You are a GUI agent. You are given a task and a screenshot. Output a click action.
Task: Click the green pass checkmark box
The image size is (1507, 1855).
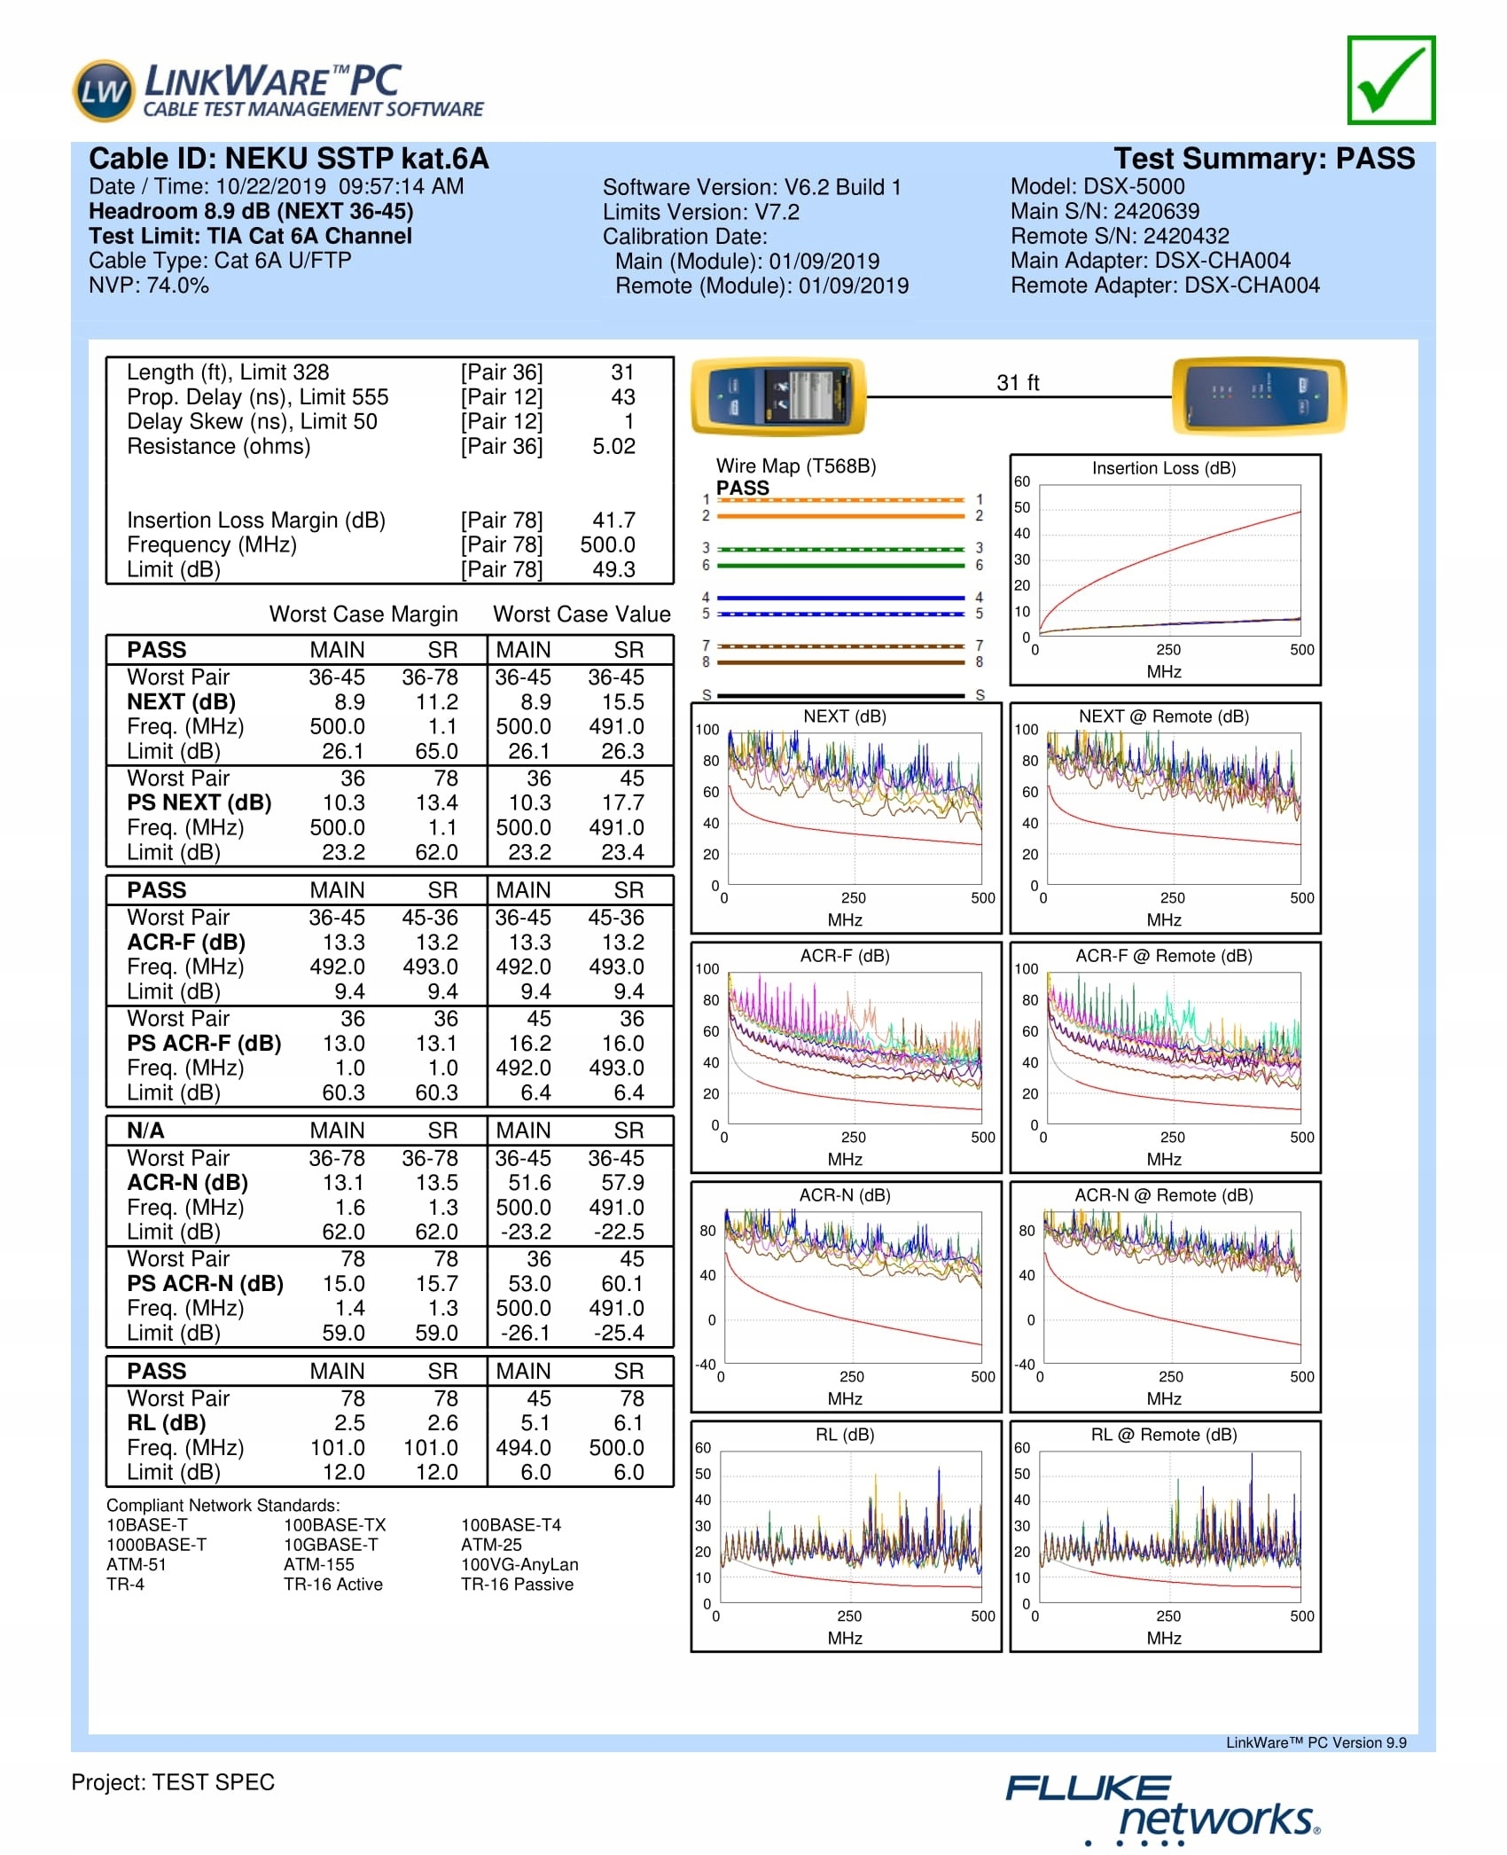coord(1390,80)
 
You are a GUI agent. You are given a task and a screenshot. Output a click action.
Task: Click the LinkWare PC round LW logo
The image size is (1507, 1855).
coord(104,90)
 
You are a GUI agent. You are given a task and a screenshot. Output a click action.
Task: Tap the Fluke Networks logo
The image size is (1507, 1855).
coord(1161,1809)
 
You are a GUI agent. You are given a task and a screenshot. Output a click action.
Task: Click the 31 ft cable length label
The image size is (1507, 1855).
coord(1017,383)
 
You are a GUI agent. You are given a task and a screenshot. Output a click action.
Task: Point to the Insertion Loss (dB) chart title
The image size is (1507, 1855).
coord(1163,468)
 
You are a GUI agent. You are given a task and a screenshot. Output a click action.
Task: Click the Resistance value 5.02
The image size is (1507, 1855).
coord(613,446)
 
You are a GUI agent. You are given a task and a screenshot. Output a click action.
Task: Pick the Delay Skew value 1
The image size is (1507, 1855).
coord(629,421)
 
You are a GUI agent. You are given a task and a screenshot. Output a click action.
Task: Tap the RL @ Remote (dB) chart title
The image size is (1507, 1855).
coord(1163,1435)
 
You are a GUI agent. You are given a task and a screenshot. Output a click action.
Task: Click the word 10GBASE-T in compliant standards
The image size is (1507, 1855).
coord(330,1545)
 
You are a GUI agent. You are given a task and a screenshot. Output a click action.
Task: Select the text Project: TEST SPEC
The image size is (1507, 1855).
coord(173,1782)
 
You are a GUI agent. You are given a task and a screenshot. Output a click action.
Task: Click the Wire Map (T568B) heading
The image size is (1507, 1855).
coord(795,466)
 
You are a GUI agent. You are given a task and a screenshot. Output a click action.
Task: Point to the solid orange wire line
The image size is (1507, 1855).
coord(839,516)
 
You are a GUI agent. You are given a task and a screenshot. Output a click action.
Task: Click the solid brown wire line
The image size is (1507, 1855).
coord(839,662)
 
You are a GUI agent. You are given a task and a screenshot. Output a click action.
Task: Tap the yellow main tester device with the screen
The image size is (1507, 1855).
coord(777,395)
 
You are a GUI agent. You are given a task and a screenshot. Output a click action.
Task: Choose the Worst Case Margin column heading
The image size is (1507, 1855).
coord(363,614)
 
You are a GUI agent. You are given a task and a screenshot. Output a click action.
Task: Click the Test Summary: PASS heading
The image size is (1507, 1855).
coord(1263,159)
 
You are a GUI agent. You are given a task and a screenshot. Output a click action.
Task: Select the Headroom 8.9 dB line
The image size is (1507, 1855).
coord(251,211)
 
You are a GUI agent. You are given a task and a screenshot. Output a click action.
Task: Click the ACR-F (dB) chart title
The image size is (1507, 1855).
coord(844,956)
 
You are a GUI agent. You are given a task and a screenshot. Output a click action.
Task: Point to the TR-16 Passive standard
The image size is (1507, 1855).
coord(517,1585)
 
